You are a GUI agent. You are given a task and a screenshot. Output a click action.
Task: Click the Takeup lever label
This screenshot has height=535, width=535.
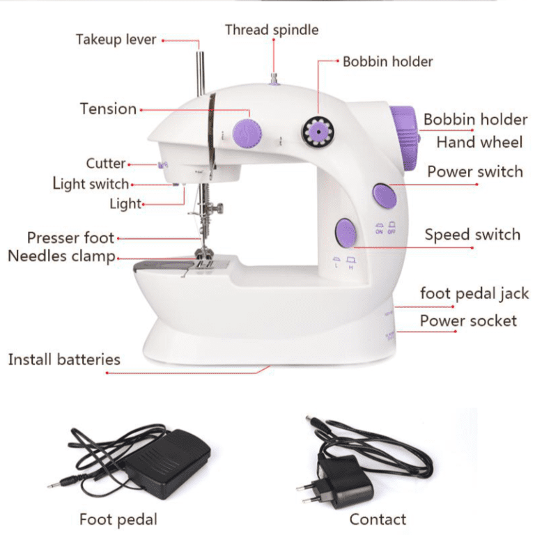coord(116,39)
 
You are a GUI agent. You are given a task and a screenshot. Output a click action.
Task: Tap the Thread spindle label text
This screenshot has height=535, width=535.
coord(272,30)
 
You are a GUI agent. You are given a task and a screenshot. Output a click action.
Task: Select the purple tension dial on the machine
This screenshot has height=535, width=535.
coord(246,130)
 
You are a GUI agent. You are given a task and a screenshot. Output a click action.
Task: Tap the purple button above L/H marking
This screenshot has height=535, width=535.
coord(344,232)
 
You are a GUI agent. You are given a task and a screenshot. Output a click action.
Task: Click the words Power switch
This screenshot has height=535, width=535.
coord(474,171)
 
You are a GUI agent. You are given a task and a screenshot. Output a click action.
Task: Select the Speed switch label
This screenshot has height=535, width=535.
coord(472,235)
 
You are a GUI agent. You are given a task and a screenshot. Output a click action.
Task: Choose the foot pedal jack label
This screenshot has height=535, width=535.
coord(474,294)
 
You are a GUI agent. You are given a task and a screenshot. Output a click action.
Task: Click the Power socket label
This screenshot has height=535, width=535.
coord(468,321)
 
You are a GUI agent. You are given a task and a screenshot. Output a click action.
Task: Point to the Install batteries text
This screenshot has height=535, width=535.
coord(64,359)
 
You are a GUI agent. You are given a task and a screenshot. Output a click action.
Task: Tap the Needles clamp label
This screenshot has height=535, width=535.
coord(61,256)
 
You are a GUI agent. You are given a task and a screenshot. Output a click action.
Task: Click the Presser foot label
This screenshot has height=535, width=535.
coord(70,238)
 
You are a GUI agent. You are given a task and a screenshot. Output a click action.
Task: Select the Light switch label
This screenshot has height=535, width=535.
coord(91,184)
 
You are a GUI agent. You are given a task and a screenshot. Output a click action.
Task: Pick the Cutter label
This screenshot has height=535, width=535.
coord(106,164)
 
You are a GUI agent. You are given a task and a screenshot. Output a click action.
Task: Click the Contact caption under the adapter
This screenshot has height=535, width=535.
coord(378,519)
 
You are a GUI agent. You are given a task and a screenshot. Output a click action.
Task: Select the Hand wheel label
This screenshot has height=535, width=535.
coord(479,143)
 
